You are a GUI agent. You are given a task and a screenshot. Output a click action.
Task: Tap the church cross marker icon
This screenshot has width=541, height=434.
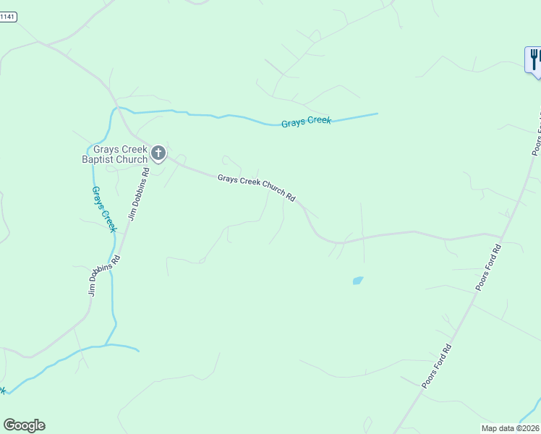point(158,153)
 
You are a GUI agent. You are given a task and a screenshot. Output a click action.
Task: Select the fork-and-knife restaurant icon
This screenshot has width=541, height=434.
point(534,58)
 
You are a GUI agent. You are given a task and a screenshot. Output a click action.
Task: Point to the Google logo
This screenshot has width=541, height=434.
point(24,425)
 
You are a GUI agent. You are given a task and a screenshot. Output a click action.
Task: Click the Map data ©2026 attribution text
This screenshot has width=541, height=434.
point(511,427)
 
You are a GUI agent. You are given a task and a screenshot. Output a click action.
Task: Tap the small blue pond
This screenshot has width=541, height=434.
point(357,280)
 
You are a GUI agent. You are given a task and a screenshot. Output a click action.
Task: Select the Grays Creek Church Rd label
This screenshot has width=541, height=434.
point(257,187)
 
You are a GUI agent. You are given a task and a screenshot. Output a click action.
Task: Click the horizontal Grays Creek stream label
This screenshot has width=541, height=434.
point(306,121)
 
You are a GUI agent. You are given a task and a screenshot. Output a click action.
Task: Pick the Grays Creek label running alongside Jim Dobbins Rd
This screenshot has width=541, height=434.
point(103,208)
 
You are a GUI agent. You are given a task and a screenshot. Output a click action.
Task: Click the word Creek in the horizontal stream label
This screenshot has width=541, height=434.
point(318,120)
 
